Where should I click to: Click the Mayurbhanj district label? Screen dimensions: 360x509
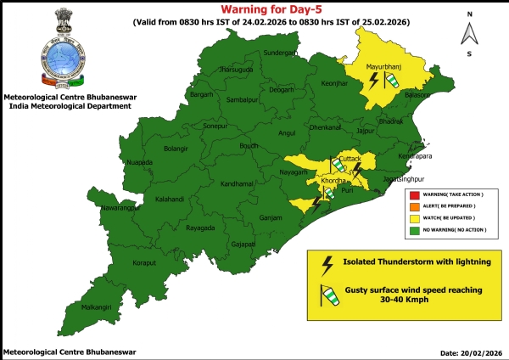383,65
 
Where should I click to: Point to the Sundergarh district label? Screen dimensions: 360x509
282,53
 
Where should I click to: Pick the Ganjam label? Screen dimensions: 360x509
271,217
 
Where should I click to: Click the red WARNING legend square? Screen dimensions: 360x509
414,195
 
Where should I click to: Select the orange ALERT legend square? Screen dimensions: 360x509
414,206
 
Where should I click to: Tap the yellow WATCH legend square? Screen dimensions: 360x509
414,217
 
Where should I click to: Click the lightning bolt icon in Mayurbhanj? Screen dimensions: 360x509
373,82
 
